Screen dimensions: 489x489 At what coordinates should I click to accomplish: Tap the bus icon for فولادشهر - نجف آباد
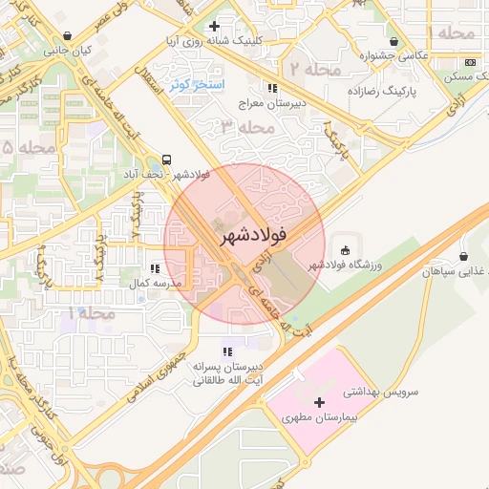tap(168, 159)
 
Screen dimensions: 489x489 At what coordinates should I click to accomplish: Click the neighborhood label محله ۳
tap(241, 126)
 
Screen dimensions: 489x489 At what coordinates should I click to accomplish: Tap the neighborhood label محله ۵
tap(21, 147)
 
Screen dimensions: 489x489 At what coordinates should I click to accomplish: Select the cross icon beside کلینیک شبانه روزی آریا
tap(214, 27)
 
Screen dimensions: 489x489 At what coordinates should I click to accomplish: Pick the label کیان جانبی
tap(71, 50)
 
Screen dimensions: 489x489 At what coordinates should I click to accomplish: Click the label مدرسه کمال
tap(150, 285)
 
